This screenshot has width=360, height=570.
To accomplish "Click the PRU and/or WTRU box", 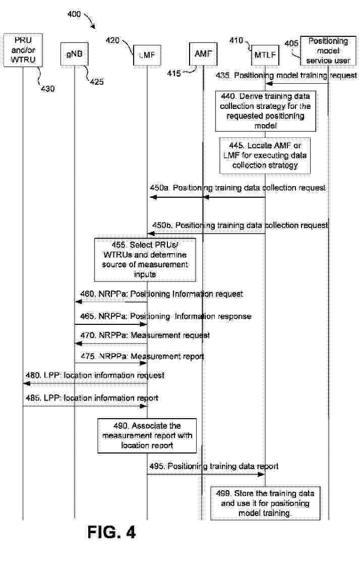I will pyautogui.click(x=22, y=49).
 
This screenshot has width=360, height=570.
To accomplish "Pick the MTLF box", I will pyautogui.click(x=265, y=54).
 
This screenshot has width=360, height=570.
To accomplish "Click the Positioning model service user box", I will pyautogui.click(x=328, y=50).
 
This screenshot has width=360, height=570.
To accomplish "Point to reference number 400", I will pyautogui.click(x=74, y=15).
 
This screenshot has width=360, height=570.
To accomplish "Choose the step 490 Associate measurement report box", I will pyautogui.click(x=147, y=435).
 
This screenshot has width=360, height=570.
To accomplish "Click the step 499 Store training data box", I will pyautogui.click(x=265, y=503).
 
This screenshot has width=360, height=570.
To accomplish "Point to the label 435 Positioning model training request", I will pyautogui.click(x=286, y=76).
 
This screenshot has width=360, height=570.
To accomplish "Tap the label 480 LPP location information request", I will pyautogui.click(x=95, y=375).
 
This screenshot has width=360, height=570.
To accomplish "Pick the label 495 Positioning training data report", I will pyautogui.click(x=214, y=467).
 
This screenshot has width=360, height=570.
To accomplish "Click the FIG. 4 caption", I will pyautogui.click(x=111, y=532).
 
